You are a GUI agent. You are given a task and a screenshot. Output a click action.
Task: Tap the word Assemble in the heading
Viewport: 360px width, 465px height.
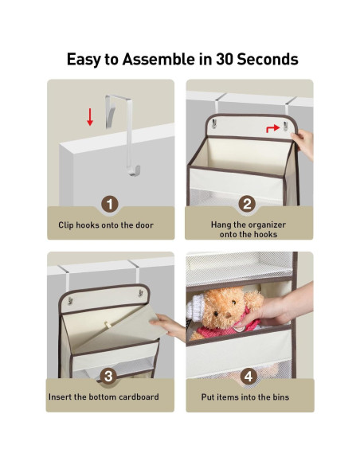pyautogui.click(x=158, y=59)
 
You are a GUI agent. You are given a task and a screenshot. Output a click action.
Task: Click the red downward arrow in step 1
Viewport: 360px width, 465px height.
pyautogui.click(x=90, y=117)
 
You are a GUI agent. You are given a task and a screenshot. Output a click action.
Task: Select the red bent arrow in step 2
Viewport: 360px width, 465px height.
pyautogui.click(x=273, y=128)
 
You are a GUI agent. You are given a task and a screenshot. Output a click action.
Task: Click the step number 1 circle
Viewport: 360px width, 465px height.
pyautogui.click(x=110, y=205)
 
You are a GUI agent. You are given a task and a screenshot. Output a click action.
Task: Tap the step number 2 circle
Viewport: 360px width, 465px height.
pyautogui.click(x=247, y=204)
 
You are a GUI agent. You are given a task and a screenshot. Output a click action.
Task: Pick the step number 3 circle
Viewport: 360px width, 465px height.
pyautogui.click(x=108, y=376)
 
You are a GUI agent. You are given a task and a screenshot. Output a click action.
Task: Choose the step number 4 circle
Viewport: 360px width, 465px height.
pyautogui.click(x=248, y=376)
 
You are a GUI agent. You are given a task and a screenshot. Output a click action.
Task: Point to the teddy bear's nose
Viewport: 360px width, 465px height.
pyautogui.click(x=228, y=315)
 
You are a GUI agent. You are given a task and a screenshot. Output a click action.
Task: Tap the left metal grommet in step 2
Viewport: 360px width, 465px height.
pyautogui.click(x=213, y=123)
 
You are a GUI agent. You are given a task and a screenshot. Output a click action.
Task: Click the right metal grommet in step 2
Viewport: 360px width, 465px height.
pyautogui.click(x=285, y=126)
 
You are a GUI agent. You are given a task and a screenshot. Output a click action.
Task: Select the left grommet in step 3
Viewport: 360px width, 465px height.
pyautogui.click(x=70, y=300)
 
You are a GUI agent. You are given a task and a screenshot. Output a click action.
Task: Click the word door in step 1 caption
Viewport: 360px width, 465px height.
pyautogui.click(x=144, y=225)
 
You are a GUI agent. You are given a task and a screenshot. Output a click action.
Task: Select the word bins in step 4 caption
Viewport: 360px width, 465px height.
pyautogui.click(x=280, y=397)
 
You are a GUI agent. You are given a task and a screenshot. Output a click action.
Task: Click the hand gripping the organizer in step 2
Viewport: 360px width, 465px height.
pyautogui.click(x=303, y=144)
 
